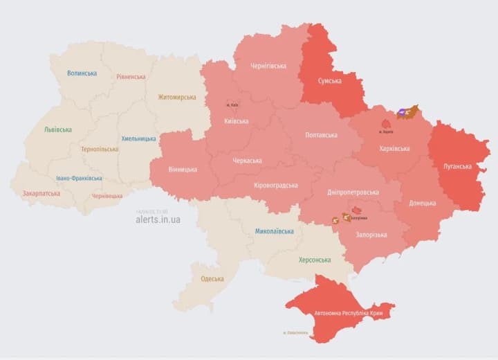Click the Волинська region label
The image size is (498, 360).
pos(82,73)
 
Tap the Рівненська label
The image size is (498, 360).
pos(131,77)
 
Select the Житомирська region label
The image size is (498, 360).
pos(177,98)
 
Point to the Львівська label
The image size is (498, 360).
pos(57,129)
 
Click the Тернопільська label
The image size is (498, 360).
pos(99,149)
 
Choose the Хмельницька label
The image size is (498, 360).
pos(138,138)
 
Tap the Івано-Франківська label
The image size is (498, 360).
pos(79,178)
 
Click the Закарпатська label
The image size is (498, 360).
pos(41,194)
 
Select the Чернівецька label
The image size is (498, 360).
pos(107,196)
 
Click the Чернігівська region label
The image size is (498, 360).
pos(269,66)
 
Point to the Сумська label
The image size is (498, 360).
pos(329,81)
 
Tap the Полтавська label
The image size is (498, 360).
pos(321,136)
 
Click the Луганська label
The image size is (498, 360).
pos(457,166)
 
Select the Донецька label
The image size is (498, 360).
pos(422,203)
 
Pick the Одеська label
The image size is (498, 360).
pos(212,278)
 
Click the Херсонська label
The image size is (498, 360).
pos(314,260)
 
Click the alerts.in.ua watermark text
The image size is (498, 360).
pos(158,219)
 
